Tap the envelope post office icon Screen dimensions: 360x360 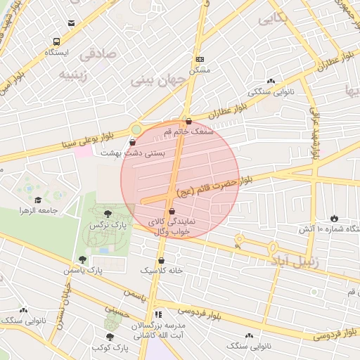click(71, 23)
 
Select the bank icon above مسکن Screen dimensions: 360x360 click(200, 60)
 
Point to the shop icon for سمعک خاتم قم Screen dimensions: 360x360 click(188, 121)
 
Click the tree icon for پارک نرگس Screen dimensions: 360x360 click(108, 214)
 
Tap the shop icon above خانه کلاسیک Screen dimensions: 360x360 click(162, 260)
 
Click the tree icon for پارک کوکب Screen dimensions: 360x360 click(110, 337)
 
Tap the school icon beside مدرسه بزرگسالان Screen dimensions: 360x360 click(158, 314)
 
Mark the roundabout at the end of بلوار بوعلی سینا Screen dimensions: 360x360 click(136, 129)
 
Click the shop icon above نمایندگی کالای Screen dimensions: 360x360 click(172, 210)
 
